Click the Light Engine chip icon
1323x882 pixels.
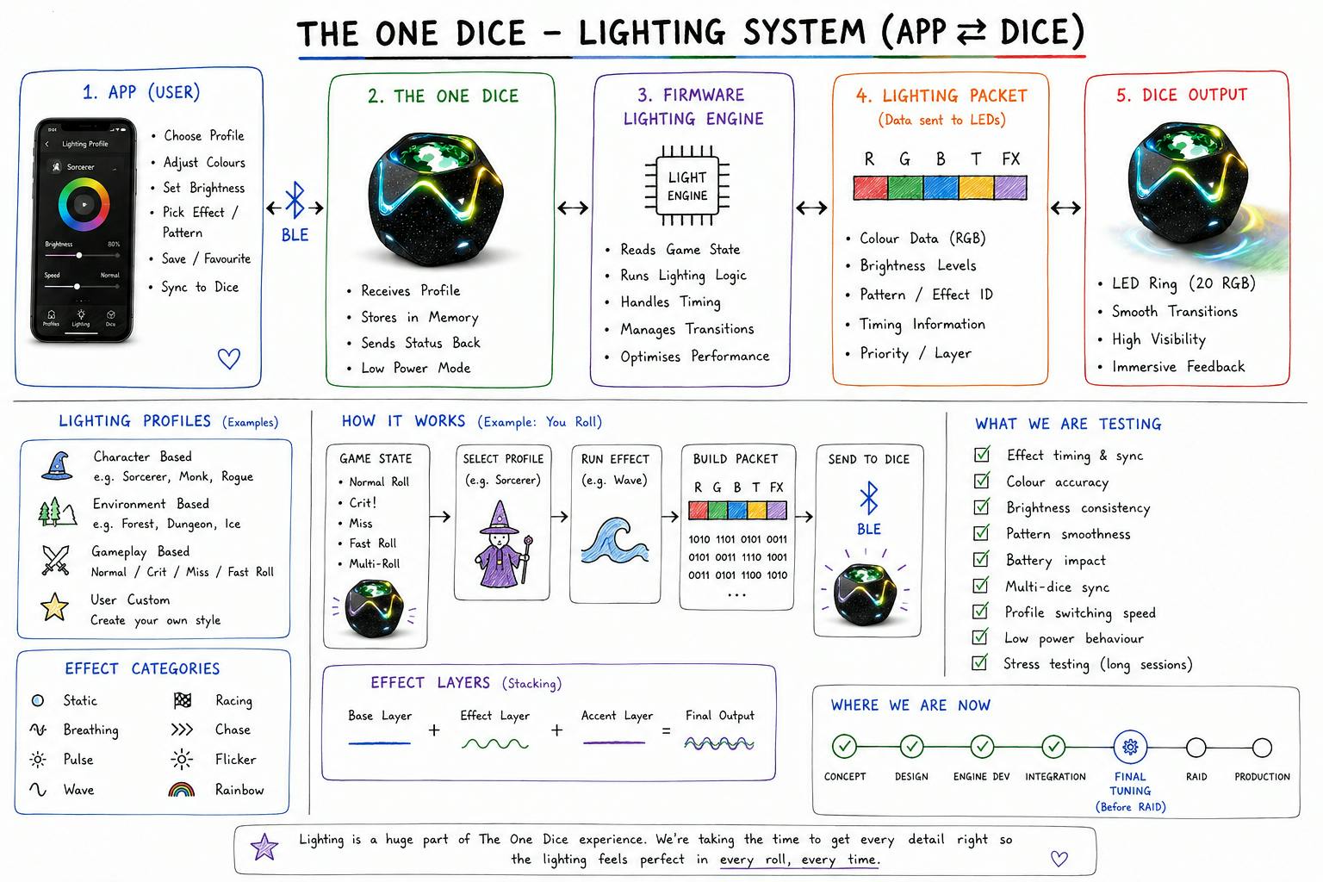[686, 185]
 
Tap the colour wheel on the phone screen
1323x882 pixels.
[84, 204]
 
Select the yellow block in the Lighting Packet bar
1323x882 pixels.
[976, 187]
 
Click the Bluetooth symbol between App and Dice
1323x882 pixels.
[295, 200]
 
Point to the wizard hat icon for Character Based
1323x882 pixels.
[58, 465]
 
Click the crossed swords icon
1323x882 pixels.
[55, 560]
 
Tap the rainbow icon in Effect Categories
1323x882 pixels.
[182, 789]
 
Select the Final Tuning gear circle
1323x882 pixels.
[1130, 748]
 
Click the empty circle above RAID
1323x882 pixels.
[1196, 748]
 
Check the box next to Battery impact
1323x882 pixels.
[981, 559]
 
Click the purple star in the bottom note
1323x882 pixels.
[264, 848]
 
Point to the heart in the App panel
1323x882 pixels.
[229, 358]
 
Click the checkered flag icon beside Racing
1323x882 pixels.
[183, 700]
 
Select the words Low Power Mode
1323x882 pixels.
[416, 368]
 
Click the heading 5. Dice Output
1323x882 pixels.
[1181, 95]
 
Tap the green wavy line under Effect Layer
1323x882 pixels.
[495, 744]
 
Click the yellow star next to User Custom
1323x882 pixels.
[54, 606]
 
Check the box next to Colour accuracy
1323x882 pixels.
[982, 481]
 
